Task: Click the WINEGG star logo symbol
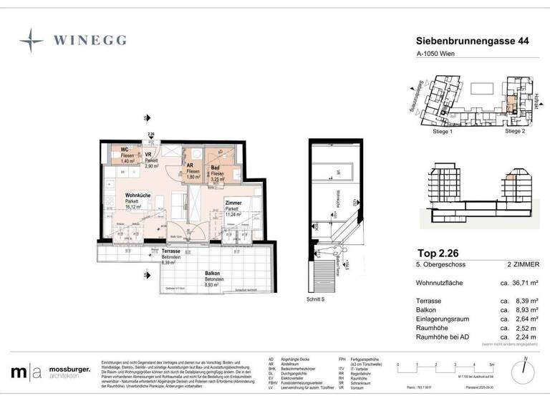32,40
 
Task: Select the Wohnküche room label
137,195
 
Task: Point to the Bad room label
214,168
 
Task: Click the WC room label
124,150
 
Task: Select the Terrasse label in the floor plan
170,252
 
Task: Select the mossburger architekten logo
50,372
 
